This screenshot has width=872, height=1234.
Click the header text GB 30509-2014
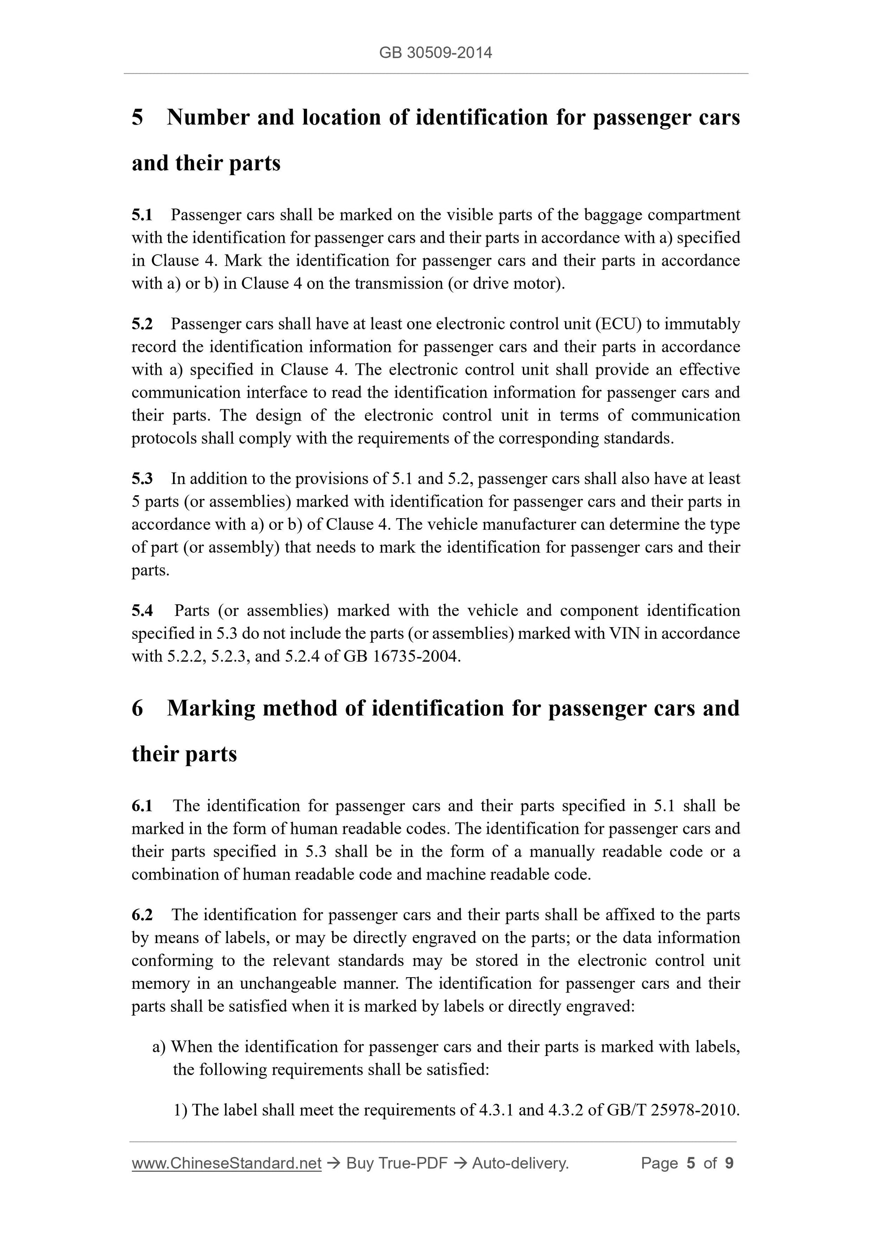[435, 53]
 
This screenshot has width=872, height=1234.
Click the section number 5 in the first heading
[138, 117]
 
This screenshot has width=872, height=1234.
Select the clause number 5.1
[142, 215]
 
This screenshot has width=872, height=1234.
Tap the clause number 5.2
[142, 324]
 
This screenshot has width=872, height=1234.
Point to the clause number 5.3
[142, 479]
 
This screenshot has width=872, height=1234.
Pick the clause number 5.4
[142, 611]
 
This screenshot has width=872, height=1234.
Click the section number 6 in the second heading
[138, 708]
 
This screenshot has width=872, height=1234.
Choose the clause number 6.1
[142, 805]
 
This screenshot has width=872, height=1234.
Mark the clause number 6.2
[142, 915]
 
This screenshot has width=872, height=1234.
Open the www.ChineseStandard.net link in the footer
[226, 1163]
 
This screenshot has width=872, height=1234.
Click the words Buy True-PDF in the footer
[397, 1163]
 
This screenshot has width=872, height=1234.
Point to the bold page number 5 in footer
[691, 1163]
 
